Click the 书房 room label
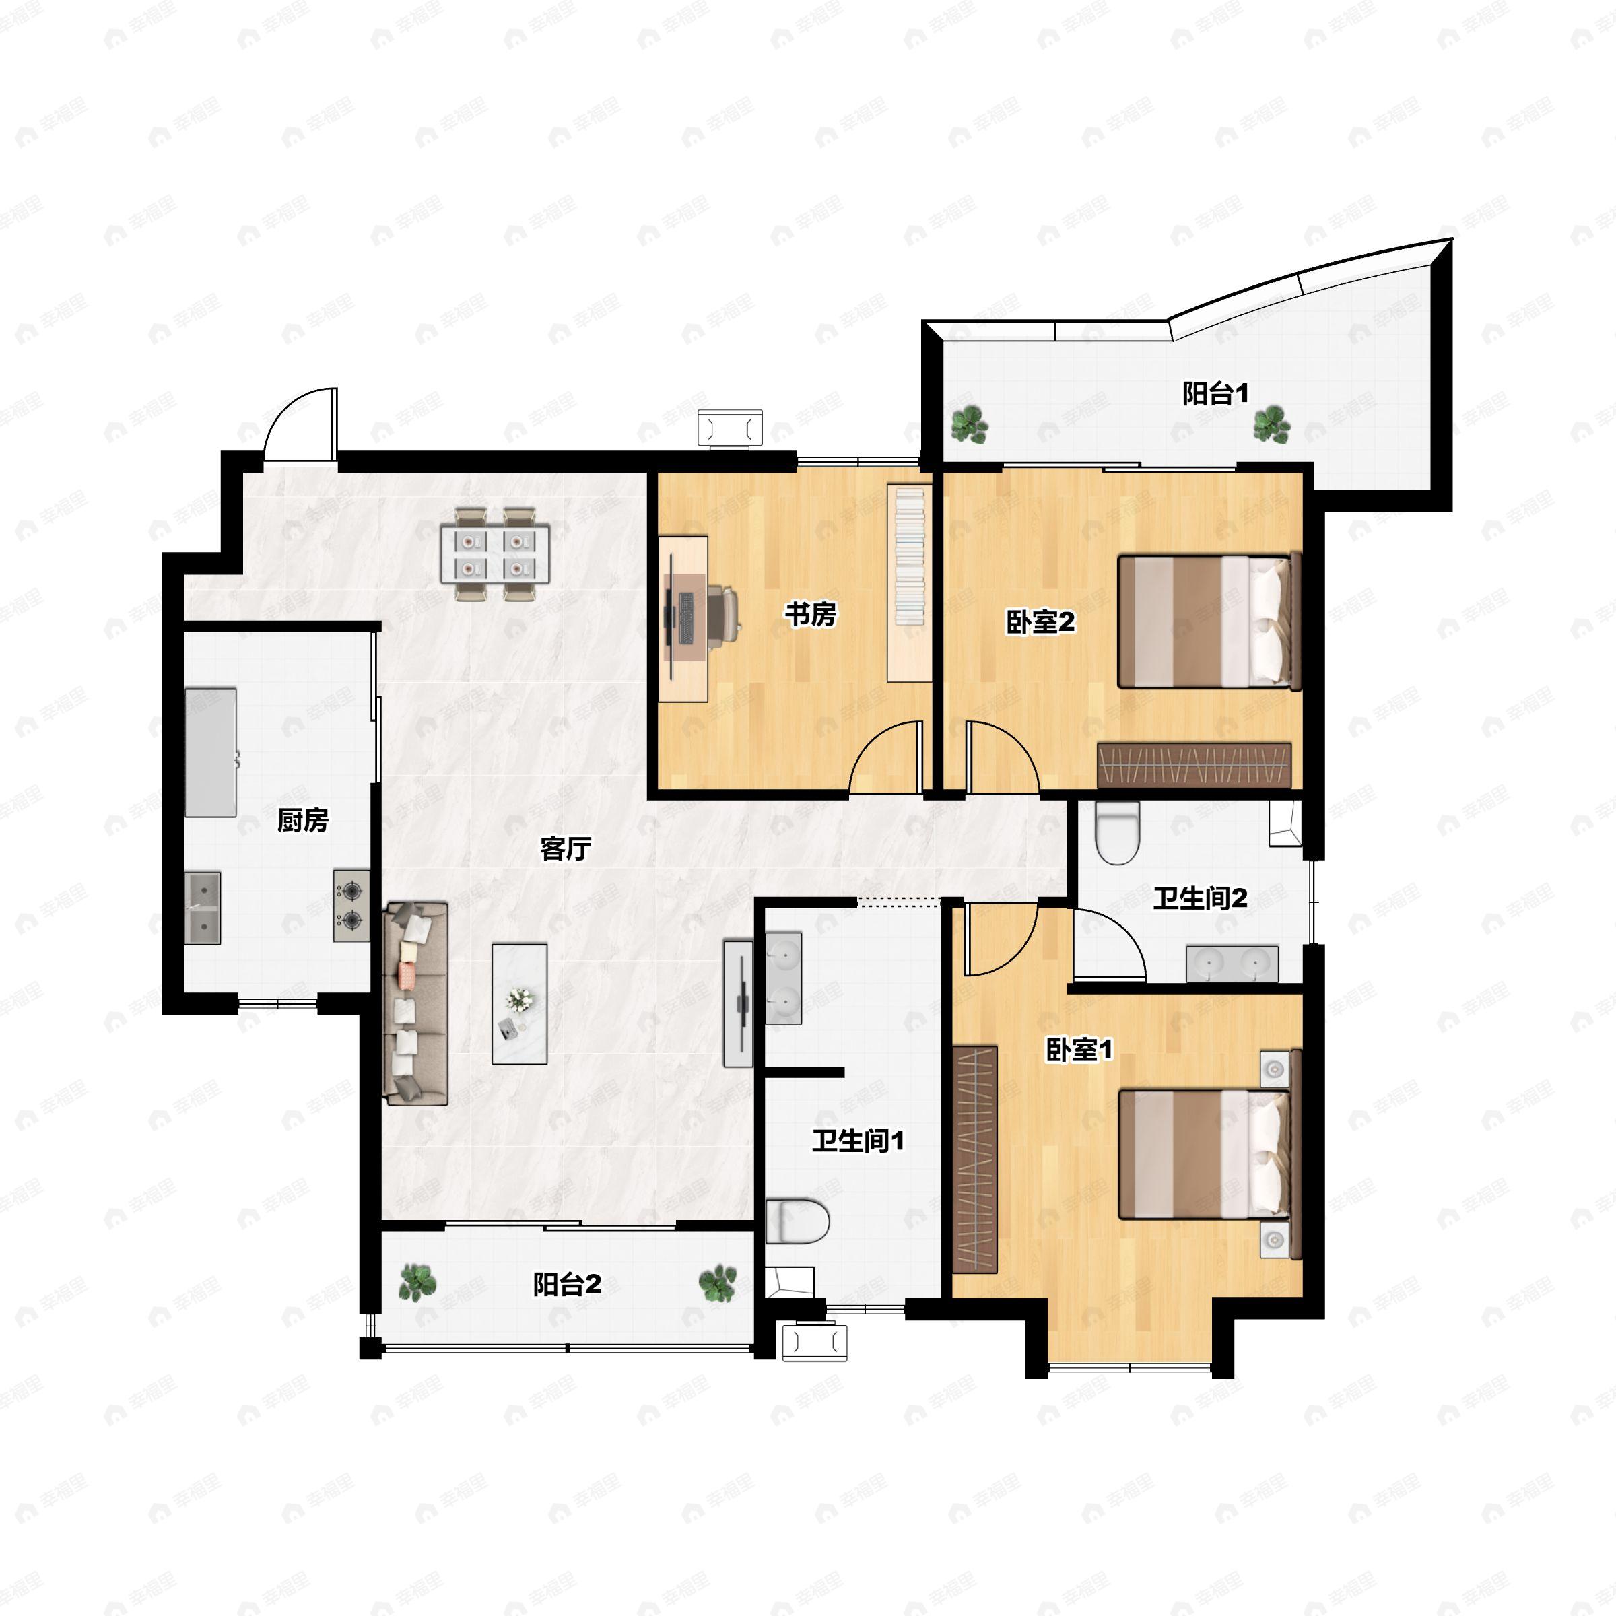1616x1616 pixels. pos(809,615)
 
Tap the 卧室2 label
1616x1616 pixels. pos(1040,622)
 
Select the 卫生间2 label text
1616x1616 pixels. pos(1201,898)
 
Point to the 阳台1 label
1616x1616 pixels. pos(1215,393)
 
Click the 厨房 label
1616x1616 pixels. pos(303,821)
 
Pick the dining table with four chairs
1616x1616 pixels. pos(495,553)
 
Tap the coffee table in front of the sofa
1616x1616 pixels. pos(519,1004)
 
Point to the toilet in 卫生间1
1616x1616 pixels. pos(797,1222)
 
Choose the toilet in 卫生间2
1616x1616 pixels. pos(1118,832)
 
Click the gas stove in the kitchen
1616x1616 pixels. pos(351,905)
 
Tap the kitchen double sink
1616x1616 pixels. pos(203,908)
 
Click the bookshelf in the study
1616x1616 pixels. pos(909,582)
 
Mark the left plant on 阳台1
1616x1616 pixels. pos(970,424)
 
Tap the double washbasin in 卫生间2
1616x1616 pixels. pos(1232,964)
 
